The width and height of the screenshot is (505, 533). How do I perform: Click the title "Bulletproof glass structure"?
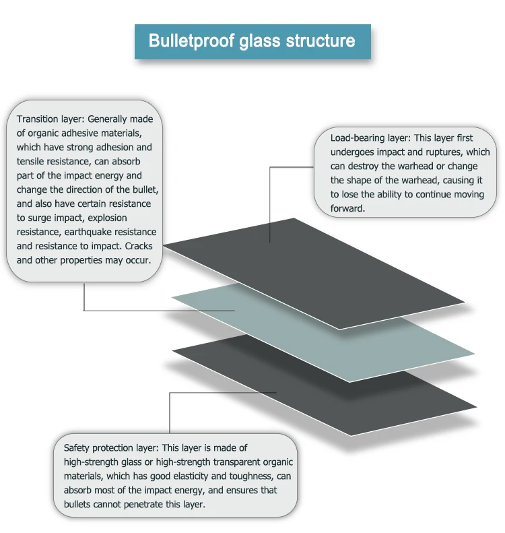point(252,40)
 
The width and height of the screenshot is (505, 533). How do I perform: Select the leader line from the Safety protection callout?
point(170,411)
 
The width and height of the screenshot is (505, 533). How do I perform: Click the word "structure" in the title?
point(321,40)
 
